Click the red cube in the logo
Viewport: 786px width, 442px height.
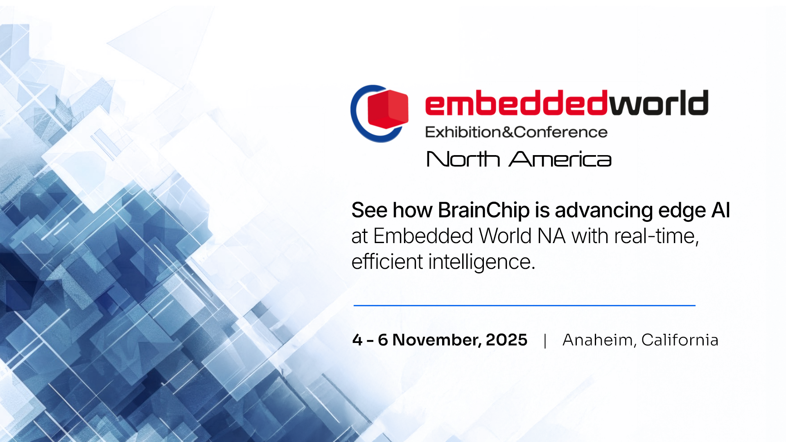388,109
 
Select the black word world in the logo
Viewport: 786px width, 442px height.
659,102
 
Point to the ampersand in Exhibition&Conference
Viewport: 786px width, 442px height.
508,132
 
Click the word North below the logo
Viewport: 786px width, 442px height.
463,159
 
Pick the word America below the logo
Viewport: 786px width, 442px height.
560,159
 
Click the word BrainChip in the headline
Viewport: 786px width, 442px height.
484,210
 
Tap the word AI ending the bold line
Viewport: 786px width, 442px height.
720,210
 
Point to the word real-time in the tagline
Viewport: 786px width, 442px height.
657,236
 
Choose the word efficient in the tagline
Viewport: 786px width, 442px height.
387,262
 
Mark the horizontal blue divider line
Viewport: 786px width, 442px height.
524,305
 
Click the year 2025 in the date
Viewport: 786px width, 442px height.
506,340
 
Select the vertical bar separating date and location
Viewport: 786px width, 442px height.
545,341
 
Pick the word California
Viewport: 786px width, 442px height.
680,340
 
